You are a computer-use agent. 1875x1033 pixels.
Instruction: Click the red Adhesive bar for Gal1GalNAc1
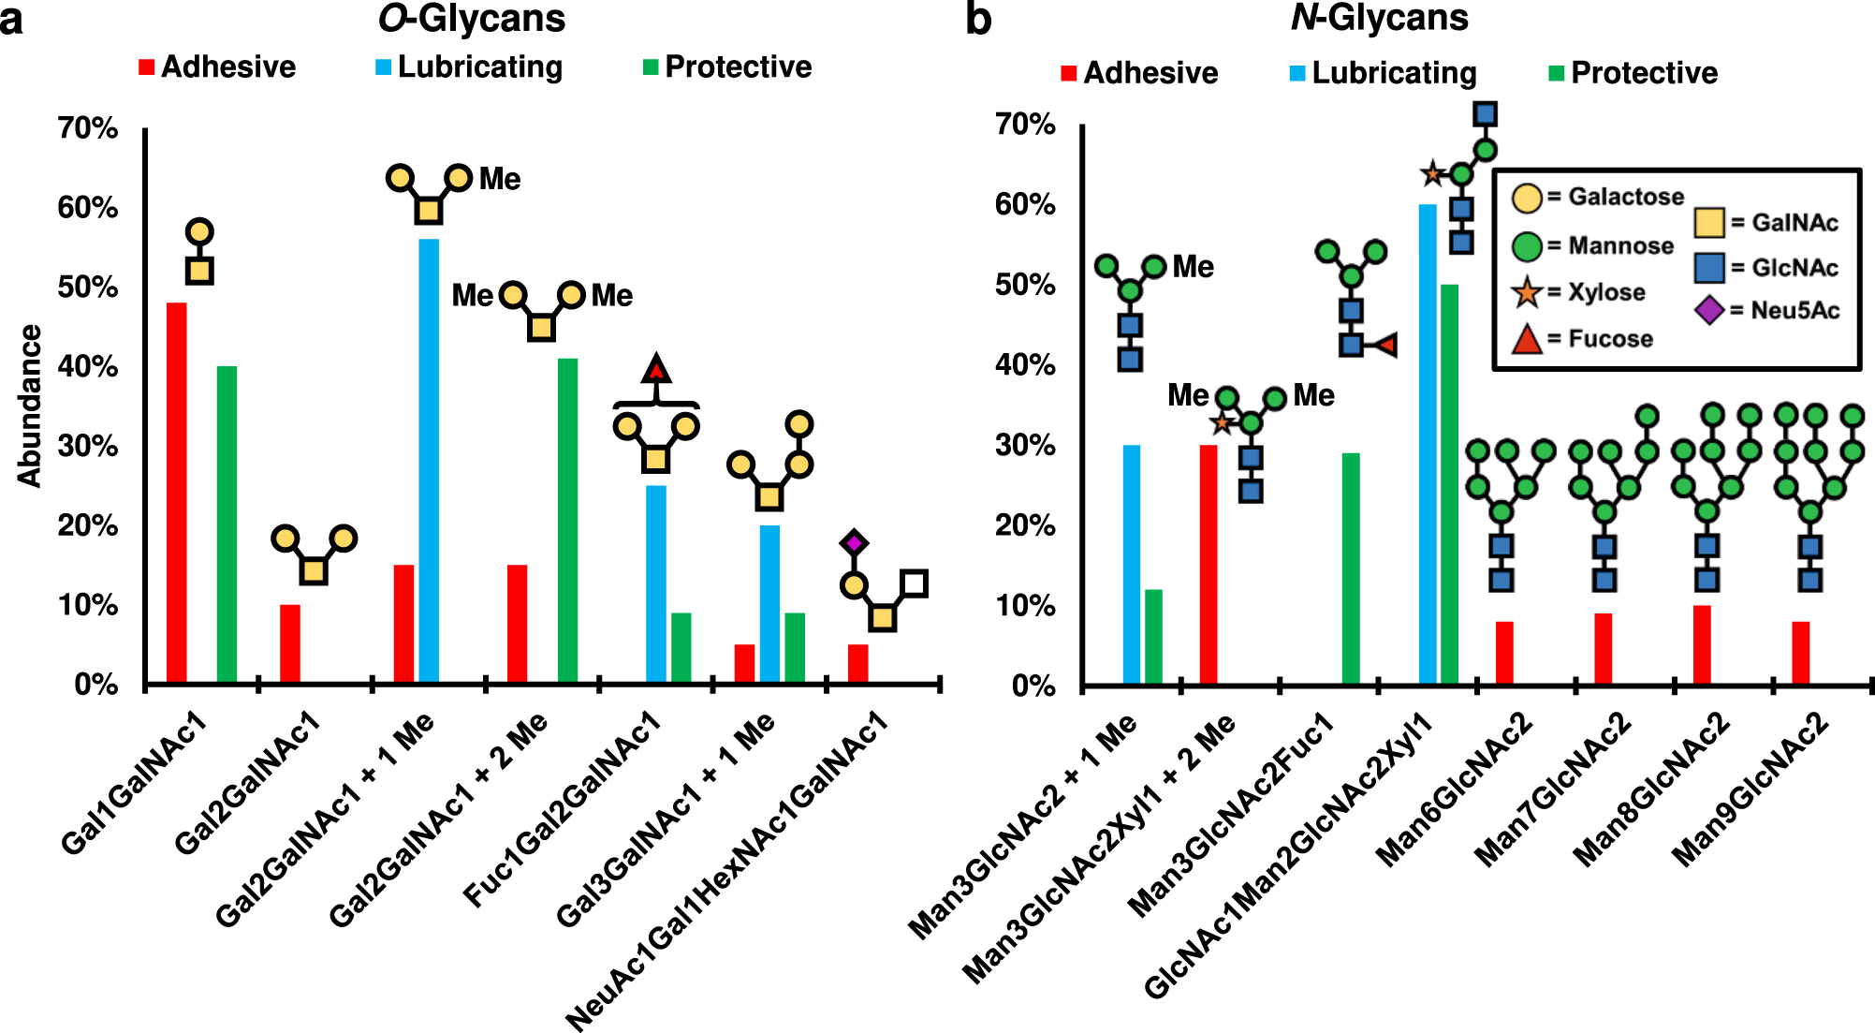click(176, 493)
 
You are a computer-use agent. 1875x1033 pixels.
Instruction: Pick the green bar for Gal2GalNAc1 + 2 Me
click(567, 520)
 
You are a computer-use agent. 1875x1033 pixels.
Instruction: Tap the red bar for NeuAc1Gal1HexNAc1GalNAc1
click(857, 663)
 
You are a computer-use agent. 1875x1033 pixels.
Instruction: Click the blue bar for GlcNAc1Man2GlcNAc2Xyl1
click(1428, 444)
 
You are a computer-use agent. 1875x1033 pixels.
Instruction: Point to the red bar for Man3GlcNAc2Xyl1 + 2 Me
click(1208, 564)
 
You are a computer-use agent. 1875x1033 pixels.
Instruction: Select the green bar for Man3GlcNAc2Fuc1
click(1351, 568)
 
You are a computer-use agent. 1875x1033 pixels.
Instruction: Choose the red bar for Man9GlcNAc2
click(1801, 652)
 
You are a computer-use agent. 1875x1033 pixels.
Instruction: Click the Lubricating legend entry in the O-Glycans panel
click(469, 67)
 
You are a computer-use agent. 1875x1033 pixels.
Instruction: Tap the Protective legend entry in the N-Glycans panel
click(1633, 73)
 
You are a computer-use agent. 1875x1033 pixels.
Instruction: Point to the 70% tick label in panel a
click(88, 127)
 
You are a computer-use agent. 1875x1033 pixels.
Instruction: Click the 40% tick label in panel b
click(1026, 365)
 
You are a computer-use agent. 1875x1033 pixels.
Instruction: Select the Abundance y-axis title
click(31, 406)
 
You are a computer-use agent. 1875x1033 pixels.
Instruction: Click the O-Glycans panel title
click(472, 19)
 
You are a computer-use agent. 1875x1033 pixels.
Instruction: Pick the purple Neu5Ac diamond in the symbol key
click(1709, 310)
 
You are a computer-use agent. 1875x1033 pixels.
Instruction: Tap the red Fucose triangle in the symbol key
click(1527, 339)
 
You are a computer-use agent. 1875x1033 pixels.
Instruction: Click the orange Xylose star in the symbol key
click(1527, 292)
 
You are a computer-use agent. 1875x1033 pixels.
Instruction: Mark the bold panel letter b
click(978, 19)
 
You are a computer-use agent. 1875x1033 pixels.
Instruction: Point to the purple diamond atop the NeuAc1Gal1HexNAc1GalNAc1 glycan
click(854, 542)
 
